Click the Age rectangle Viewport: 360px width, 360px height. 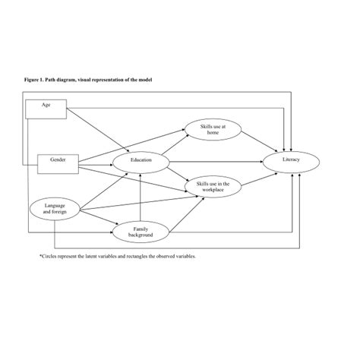(46, 109)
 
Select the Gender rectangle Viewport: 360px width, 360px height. (58, 161)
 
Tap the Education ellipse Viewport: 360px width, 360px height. (141, 161)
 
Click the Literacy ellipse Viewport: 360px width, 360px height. (292, 161)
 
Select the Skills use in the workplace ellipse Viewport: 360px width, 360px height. (213, 187)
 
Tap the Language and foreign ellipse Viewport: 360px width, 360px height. (55, 210)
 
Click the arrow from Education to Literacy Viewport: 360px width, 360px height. (216, 161)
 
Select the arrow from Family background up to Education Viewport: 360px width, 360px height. (141, 197)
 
